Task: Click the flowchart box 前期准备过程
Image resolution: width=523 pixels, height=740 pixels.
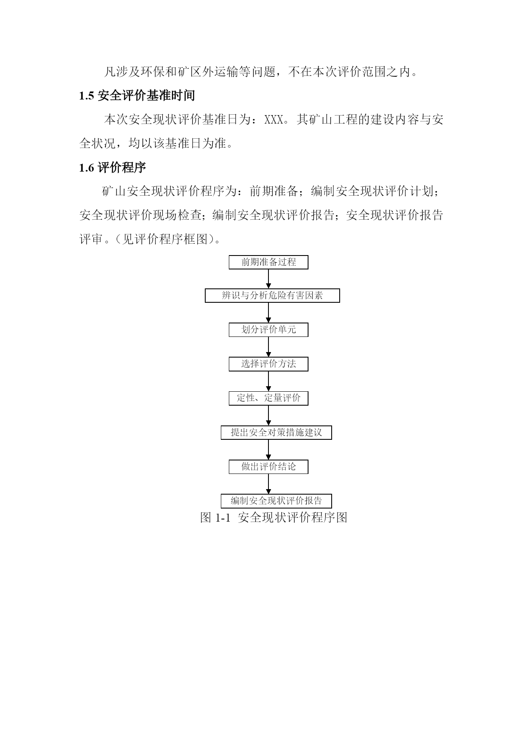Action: click(x=268, y=262)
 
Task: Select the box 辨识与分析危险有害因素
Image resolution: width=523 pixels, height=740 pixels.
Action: click(x=272, y=296)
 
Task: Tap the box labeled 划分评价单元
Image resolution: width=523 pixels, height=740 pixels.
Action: click(x=268, y=330)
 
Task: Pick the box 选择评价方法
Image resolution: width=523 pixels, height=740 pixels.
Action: click(x=268, y=364)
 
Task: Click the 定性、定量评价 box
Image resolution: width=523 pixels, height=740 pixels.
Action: click(x=268, y=398)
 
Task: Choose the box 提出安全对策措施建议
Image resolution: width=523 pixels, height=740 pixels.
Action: click(x=276, y=433)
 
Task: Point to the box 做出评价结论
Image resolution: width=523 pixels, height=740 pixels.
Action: click(x=268, y=467)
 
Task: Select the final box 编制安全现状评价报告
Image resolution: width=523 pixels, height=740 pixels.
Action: click(x=276, y=501)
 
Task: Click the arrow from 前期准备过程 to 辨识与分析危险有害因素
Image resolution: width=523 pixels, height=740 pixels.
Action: click(x=268, y=279)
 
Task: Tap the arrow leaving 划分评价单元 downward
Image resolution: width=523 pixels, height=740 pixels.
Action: click(x=268, y=347)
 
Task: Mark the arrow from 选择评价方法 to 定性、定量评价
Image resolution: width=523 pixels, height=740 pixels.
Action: click(x=268, y=382)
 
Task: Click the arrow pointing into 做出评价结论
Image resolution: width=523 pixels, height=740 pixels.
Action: click(x=268, y=450)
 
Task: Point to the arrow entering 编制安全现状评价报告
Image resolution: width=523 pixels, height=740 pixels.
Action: click(x=268, y=484)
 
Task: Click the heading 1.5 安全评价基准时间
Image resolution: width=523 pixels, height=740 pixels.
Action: click(x=137, y=96)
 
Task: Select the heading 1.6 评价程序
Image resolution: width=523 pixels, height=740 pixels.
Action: click(x=113, y=168)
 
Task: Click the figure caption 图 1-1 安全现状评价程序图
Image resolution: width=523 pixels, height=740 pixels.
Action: click(x=274, y=517)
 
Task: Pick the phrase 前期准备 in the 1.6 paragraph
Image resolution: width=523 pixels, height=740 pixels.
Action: click(x=274, y=192)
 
